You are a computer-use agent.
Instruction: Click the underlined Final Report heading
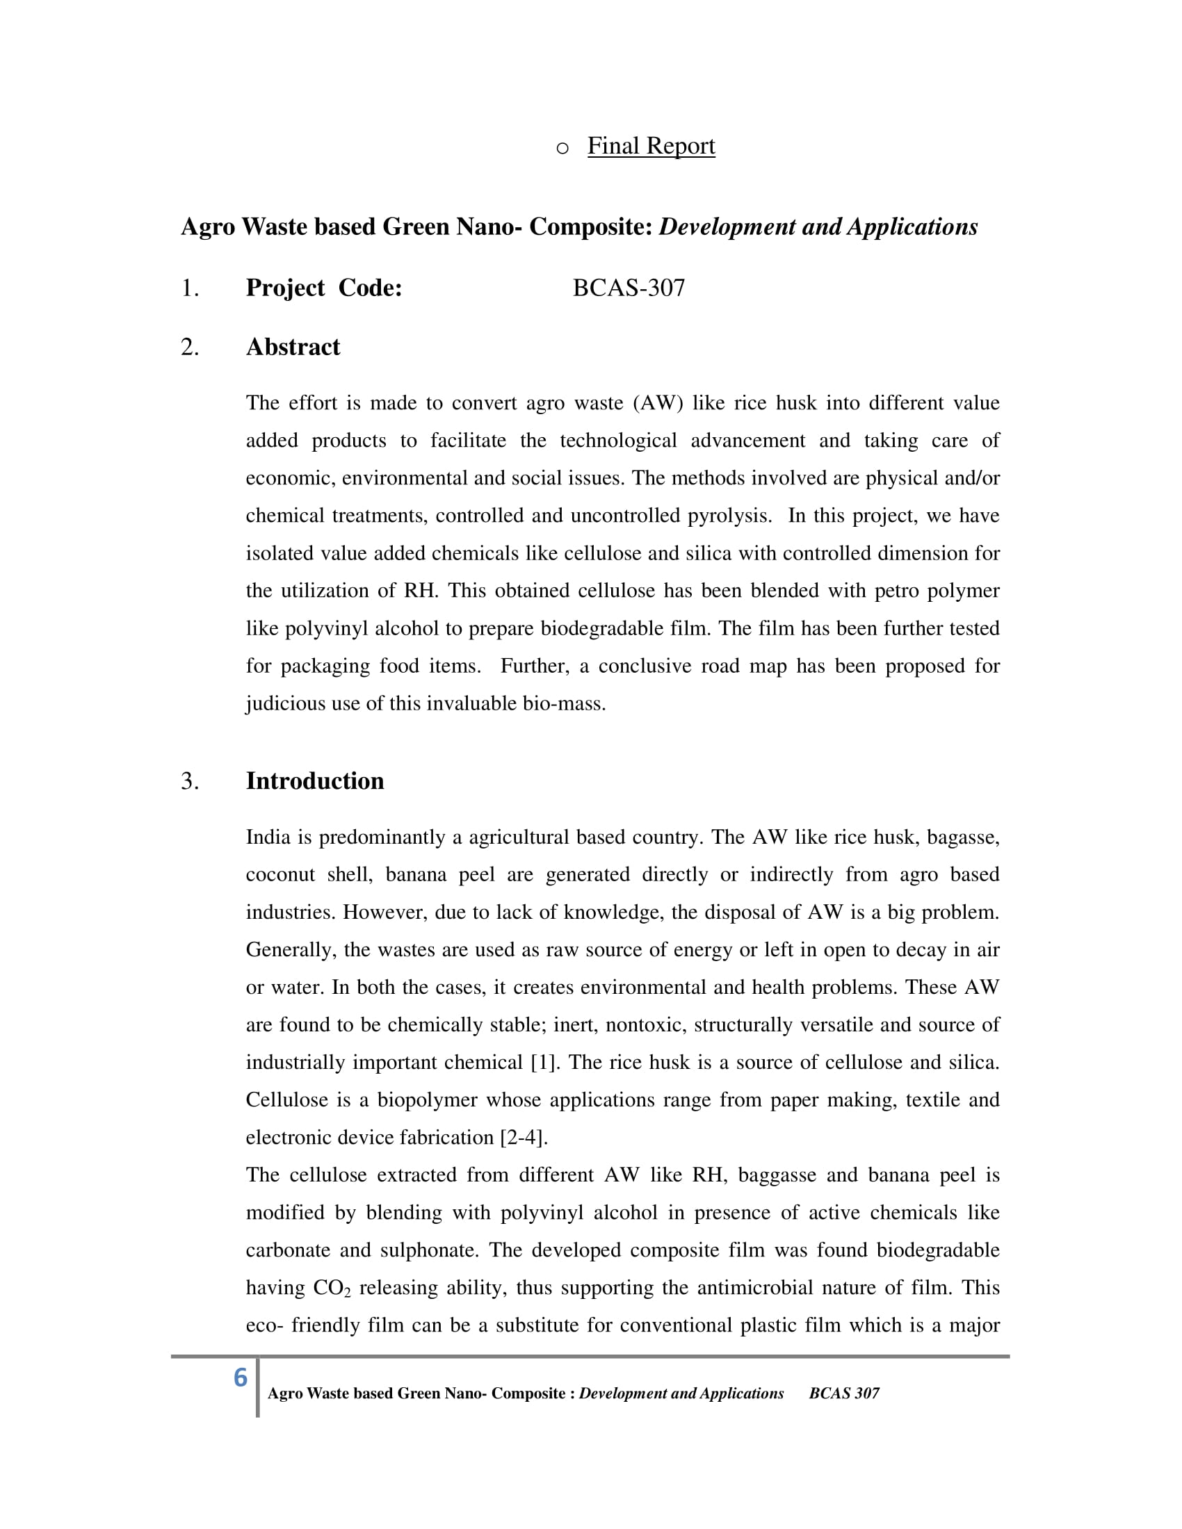651,146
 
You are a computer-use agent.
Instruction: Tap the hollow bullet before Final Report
562,149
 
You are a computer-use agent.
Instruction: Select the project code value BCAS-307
628,288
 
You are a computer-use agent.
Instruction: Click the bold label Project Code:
323,288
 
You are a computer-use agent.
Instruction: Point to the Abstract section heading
293,347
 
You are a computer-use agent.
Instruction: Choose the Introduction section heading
314,780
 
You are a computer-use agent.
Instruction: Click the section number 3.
189,780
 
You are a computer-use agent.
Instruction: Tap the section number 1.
189,288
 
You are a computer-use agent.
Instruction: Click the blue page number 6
240,1377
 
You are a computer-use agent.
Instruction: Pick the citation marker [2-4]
523,1137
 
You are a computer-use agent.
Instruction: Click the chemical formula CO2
331,1287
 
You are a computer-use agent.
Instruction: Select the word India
268,837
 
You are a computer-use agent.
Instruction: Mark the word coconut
280,874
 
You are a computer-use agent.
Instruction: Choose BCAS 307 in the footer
844,1393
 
